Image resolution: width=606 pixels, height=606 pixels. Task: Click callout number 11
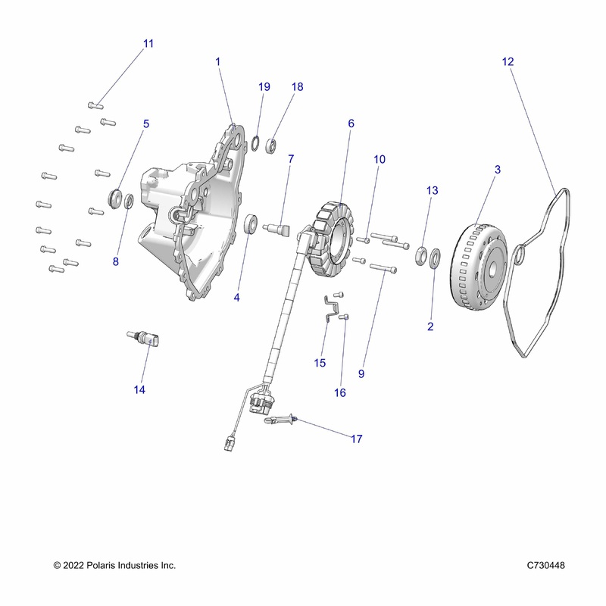[148, 44]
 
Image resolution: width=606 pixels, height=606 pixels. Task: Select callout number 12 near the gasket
[508, 61]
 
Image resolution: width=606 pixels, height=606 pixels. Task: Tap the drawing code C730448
[545, 565]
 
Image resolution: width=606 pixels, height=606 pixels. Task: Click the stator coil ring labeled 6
[333, 238]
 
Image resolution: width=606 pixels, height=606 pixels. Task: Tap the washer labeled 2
[435, 258]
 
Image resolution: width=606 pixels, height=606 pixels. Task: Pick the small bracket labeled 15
[330, 308]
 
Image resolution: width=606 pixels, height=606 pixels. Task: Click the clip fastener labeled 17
[280, 420]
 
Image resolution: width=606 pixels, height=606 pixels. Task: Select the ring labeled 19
[255, 144]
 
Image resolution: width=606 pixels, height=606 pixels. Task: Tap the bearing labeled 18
[271, 146]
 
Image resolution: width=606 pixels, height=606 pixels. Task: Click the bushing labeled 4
[251, 223]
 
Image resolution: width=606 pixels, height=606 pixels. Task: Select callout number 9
[361, 373]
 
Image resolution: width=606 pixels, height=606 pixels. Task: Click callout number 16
[339, 392]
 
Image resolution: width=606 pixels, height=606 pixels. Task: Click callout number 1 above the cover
[217, 62]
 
